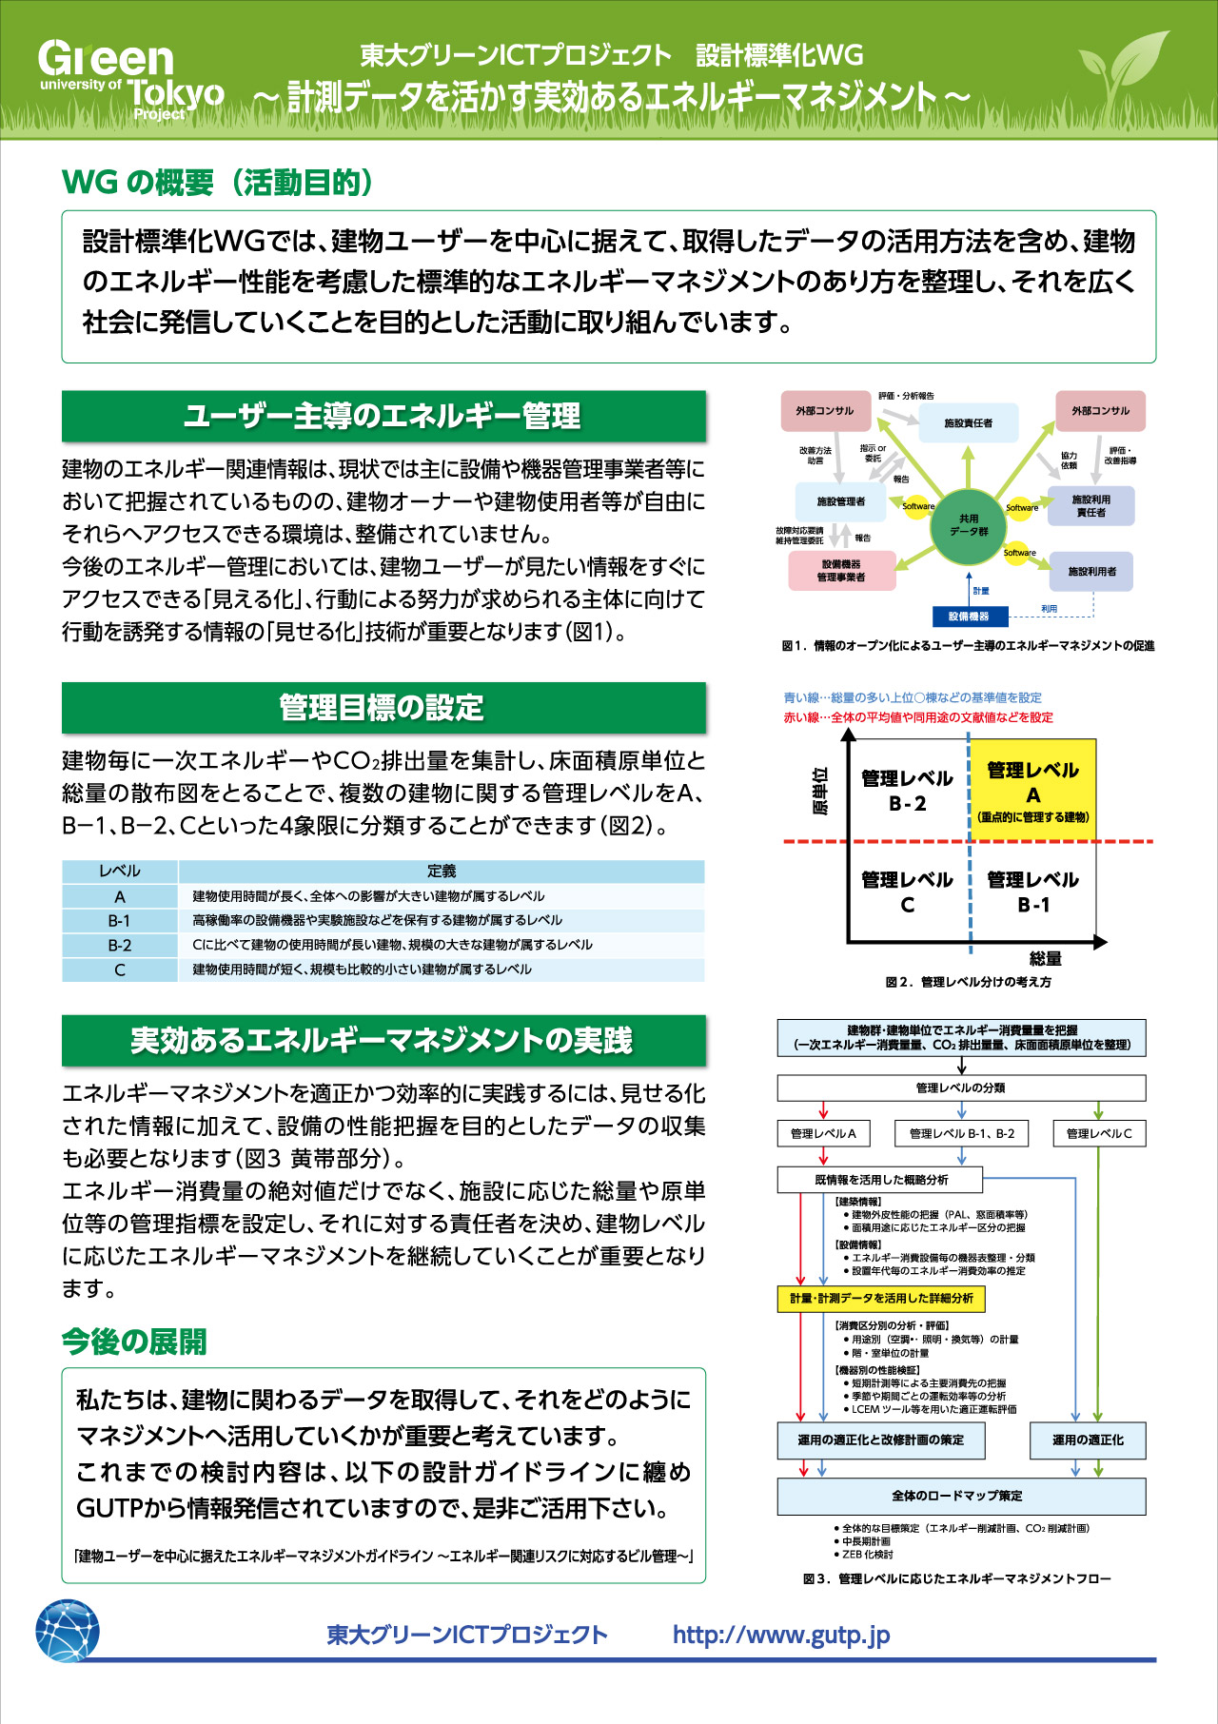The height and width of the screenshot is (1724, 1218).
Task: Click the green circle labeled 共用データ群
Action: pos(969,525)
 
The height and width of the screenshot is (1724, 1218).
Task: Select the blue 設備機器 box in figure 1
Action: pos(969,617)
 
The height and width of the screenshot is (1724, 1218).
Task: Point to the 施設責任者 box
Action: pos(969,422)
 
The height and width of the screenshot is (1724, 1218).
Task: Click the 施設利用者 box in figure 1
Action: pos(1091,572)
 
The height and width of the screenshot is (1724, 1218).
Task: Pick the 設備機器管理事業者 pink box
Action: pos(842,571)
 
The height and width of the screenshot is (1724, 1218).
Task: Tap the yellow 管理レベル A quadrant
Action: pos(1033,791)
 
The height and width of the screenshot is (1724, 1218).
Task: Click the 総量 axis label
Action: pos(1045,959)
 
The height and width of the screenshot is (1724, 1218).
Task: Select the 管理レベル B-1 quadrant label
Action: pos(1033,891)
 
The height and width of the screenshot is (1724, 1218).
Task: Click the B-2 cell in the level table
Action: pos(120,945)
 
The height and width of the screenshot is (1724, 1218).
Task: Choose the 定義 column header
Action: pos(442,871)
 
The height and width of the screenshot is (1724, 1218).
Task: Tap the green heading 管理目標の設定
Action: pos(383,707)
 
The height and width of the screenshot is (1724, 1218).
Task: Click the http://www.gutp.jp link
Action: pos(781,1635)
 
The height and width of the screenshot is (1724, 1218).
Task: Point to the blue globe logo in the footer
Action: pos(68,1631)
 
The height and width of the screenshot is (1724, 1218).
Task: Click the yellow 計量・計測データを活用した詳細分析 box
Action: pos(881,1298)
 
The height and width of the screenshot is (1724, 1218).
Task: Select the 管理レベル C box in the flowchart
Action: pos(1099,1133)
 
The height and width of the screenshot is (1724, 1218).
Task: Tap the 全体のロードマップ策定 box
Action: pos(961,1496)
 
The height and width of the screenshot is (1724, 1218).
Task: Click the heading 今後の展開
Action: pos(134,1342)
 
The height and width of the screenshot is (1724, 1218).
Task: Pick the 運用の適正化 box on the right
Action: pos(1088,1440)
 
